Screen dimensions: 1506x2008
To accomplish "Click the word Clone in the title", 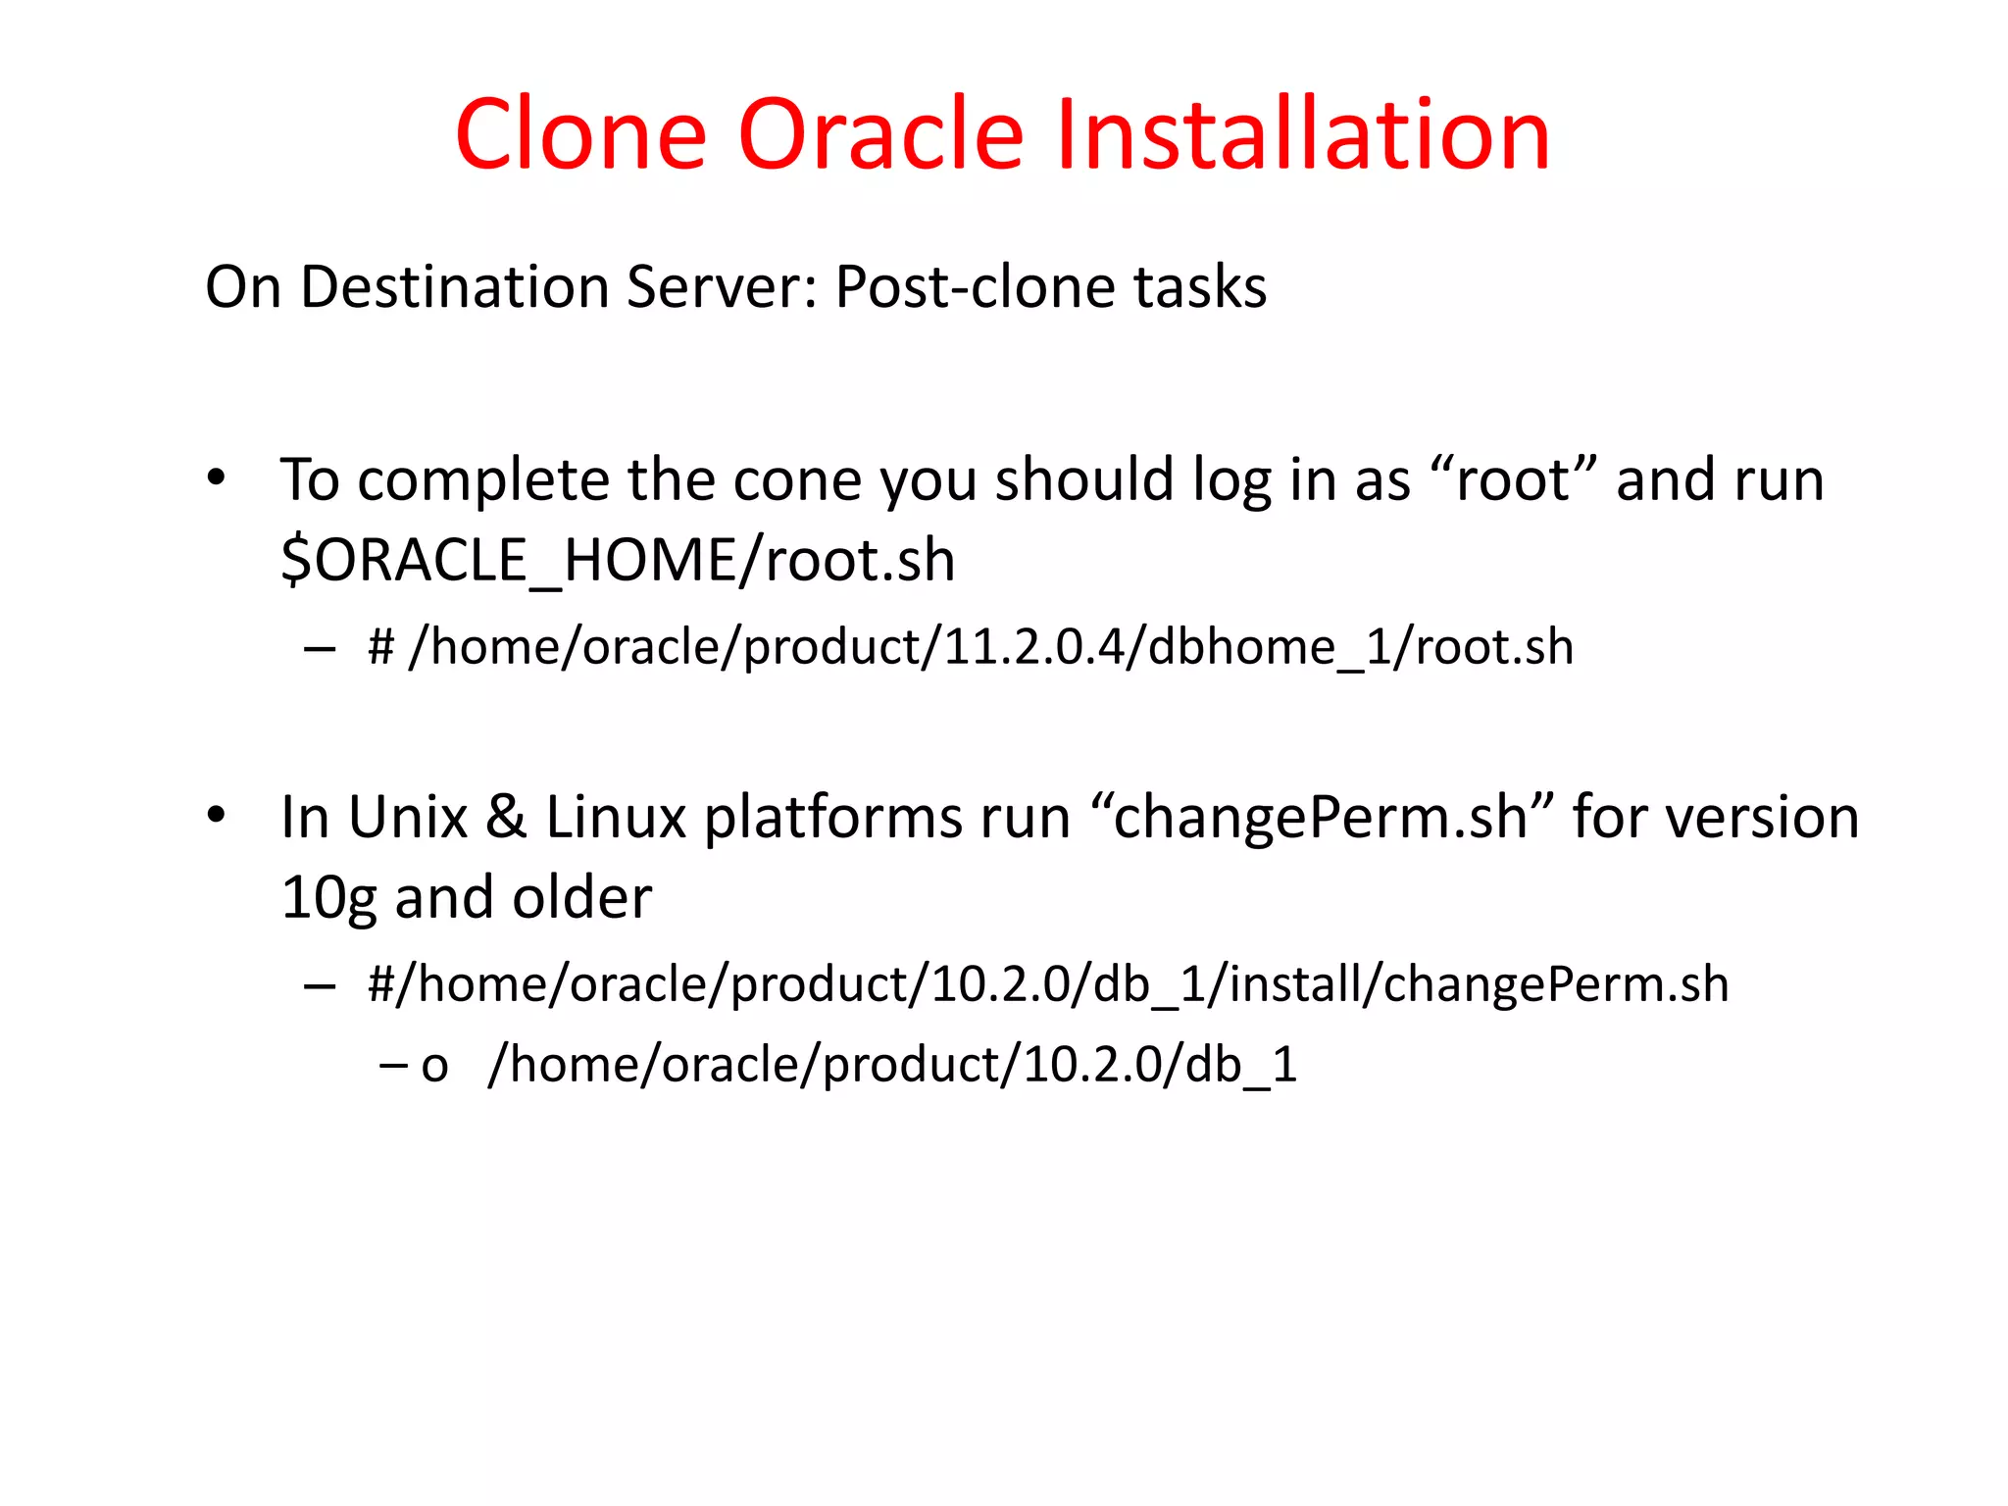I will [x=580, y=134].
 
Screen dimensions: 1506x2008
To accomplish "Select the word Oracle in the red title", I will [x=879, y=134].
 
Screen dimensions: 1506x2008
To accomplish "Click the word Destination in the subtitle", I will [x=455, y=287].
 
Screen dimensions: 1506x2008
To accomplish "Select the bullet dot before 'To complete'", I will [x=217, y=478].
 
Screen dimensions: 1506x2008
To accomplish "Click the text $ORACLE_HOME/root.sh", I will [x=618, y=561].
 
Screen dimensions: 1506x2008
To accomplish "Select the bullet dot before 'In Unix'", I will [x=217, y=815].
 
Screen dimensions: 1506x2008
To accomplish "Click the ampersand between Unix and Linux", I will [x=506, y=817].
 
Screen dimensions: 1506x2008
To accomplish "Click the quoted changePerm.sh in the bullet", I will [x=1321, y=819].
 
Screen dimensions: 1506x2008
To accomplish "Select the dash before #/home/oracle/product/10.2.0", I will [x=320, y=984].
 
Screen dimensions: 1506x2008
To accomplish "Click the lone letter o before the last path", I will [x=434, y=1066].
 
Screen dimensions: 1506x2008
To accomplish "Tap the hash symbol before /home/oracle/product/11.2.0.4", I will [x=380, y=647].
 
